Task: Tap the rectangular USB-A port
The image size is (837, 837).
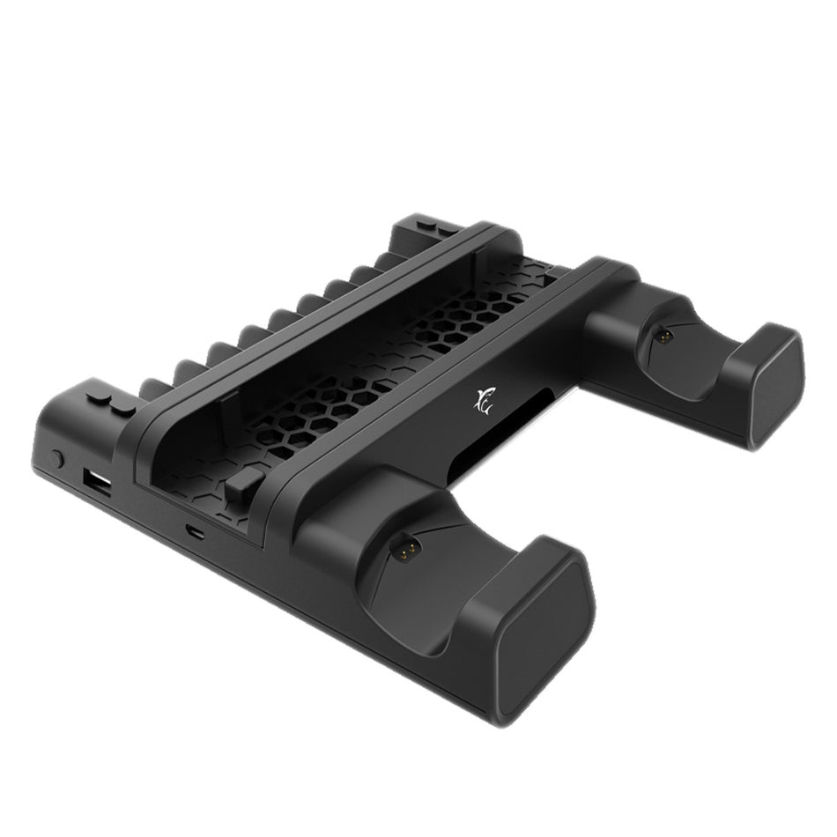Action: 94,483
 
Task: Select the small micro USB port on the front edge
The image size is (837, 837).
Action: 192,532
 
